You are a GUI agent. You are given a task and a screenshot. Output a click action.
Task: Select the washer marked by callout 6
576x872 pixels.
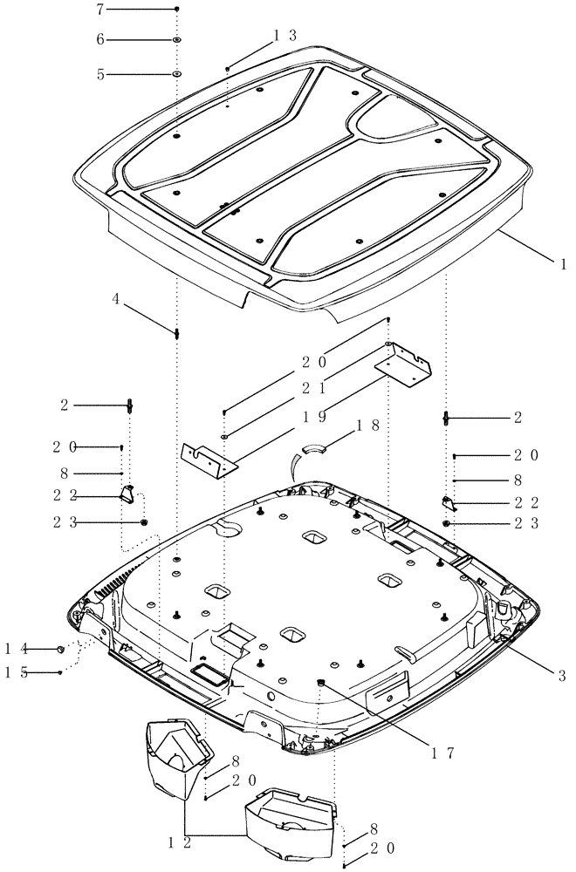pos(176,41)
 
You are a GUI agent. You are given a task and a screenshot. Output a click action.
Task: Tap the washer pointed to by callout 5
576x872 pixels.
pos(176,75)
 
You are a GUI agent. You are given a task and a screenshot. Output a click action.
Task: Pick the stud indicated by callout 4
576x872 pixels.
pos(176,334)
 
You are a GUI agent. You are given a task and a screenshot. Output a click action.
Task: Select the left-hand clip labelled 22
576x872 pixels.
pos(127,494)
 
